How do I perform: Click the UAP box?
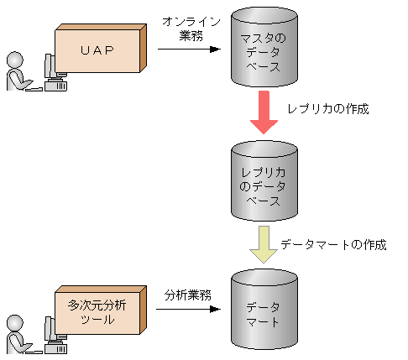[x=97, y=50]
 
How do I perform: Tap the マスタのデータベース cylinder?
[x=263, y=50]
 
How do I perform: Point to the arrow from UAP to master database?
[x=189, y=49]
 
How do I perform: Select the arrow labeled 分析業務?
[x=189, y=309]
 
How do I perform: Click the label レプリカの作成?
[x=327, y=110]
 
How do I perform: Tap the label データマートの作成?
[x=333, y=245]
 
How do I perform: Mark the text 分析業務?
[x=188, y=295]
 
